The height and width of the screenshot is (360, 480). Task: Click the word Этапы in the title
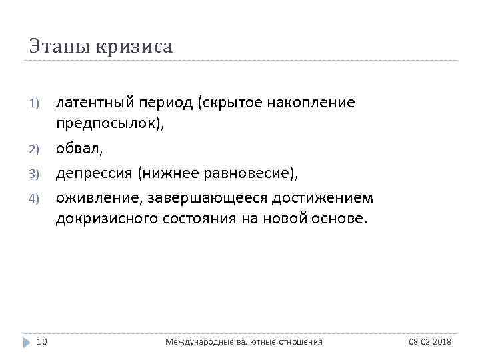pyautogui.click(x=59, y=47)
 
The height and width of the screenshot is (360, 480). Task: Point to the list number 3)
pyautogui.click(x=35, y=175)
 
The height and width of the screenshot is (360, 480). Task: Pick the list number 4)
pyautogui.click(x=35, y=199)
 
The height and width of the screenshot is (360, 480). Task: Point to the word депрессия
pyautogui.click(x=94, y=174)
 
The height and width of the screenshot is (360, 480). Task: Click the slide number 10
pyautogui.click(x=41, y=341)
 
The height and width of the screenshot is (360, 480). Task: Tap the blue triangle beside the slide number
pyautogui.click(x=27, y=341)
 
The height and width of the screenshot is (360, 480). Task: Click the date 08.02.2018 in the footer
pyautogui.click(x=429, y=341)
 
